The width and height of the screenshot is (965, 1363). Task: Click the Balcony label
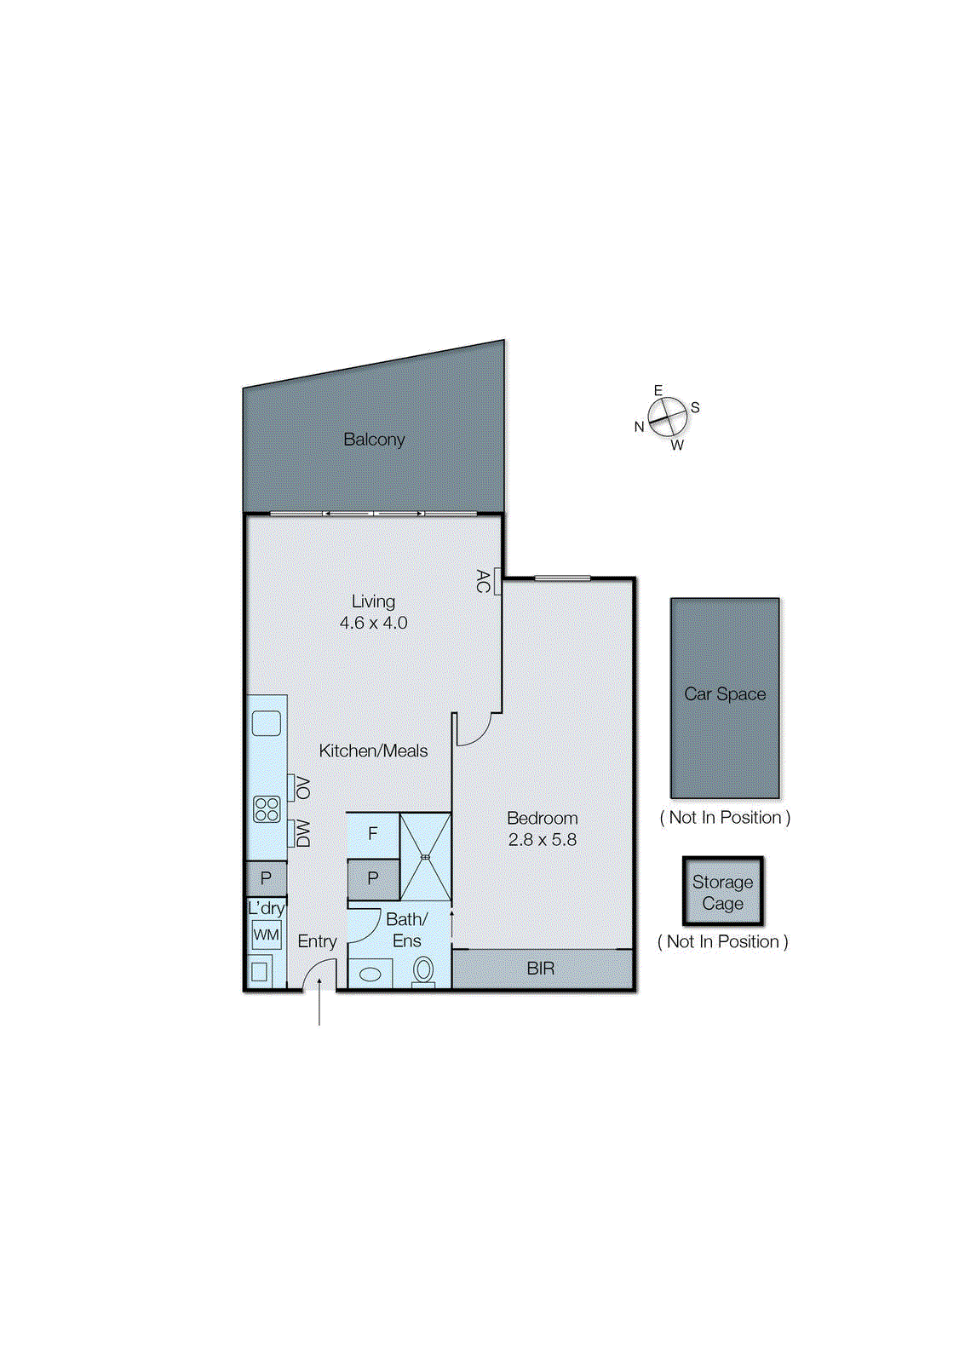(374, 440)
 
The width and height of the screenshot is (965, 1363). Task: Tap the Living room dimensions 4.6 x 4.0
(373, 623)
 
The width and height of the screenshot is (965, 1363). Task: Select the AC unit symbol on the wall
(497, 584)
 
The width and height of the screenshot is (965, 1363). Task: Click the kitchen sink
(266, 722)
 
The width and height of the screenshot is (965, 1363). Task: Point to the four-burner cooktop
(267, 808)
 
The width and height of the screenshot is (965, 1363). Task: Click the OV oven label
(302, 787)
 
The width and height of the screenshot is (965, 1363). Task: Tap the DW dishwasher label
(302, 832)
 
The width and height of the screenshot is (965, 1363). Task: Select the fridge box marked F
(372, 833)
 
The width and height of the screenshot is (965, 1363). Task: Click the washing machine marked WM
(266, 935)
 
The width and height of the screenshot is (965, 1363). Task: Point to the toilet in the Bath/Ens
(423, 970)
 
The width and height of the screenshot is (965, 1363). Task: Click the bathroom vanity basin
(370, 974)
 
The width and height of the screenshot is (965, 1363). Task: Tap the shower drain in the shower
(425, 857)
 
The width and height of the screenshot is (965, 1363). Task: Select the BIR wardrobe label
(541, 969)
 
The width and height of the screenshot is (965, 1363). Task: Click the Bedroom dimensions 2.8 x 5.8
(542, 839)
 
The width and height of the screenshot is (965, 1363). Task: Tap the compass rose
(667, 417)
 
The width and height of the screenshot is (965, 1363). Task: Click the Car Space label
(725, 694)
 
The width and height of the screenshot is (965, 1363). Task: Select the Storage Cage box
(722, 892)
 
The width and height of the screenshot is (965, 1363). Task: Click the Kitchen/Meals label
(373, 751)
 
